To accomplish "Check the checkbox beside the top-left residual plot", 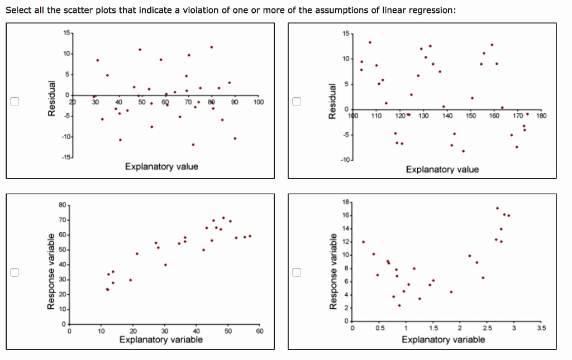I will click(x=16, y=102).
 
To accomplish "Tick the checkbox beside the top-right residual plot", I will click(x=297, y=102).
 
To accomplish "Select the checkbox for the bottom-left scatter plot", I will click(x=16, y=272).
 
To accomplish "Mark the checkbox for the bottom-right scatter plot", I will click(x=297, y=272).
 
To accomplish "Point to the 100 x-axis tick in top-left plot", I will click(x=258, y=103).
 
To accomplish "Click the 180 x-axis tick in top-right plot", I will click(x=541, y=116).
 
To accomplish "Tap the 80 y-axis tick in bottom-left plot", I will click(x=61, y=205).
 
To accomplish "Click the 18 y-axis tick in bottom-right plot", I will click(x=346, y=202).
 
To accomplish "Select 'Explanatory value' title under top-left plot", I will click(x=161, y=166).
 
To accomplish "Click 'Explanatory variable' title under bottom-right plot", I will click(x=444, y=339).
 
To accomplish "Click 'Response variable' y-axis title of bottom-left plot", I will click(x=51, y=271).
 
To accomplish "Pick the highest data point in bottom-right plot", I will click(x=497, y=208).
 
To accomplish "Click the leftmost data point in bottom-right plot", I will click(x=363, y=242).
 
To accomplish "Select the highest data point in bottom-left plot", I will click(x=223, y=218).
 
